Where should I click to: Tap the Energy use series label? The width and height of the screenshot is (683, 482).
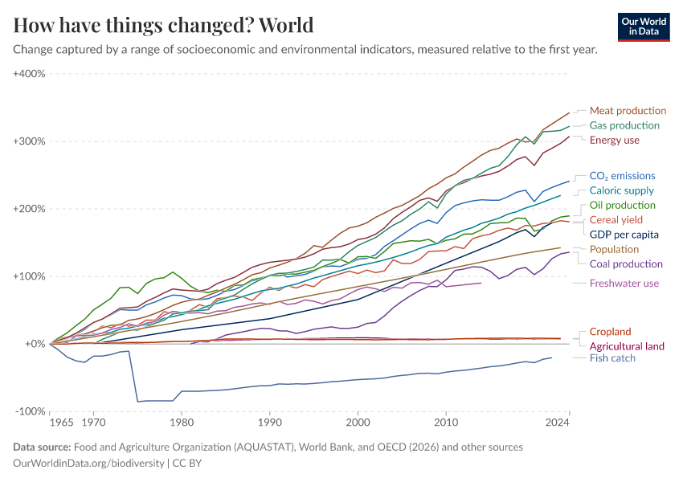[614, 141]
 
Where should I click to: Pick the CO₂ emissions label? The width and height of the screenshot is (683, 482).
[622, 176]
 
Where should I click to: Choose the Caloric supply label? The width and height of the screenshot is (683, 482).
[621, 191]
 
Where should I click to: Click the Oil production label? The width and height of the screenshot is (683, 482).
[623, 206]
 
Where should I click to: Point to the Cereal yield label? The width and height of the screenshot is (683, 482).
[616, 220]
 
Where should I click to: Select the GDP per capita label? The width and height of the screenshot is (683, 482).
[624, 235]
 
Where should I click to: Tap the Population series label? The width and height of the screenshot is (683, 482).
[614, 250]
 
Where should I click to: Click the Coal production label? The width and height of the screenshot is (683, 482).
[626, 264]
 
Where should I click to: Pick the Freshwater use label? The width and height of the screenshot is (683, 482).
[624, 284]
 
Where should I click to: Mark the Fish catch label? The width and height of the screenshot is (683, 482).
[612, 358]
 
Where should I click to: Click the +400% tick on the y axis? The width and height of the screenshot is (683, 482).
[29, 74]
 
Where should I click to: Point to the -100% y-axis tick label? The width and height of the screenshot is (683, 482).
[30, 411]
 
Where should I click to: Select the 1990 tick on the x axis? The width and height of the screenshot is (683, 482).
[269, 421]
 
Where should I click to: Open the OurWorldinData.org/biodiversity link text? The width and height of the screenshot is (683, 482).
[89, 464]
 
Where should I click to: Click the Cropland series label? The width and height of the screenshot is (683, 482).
[610, 332]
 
